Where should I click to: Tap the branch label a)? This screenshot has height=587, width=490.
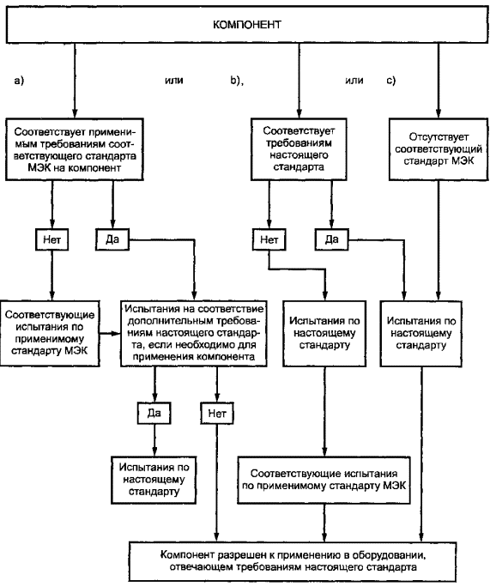click(x=19, y=81)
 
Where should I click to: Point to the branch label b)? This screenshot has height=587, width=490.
click(x=237, y=81)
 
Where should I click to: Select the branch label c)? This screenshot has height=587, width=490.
click(x=390, y=81)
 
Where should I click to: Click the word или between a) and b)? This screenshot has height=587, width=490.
click(x=174, y=81)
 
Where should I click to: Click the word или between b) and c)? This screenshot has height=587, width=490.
click(x=354, y=81)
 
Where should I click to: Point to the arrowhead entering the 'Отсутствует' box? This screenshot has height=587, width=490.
click(x=439, y=114)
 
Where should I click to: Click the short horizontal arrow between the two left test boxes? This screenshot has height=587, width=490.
click(x=110, y=333)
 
